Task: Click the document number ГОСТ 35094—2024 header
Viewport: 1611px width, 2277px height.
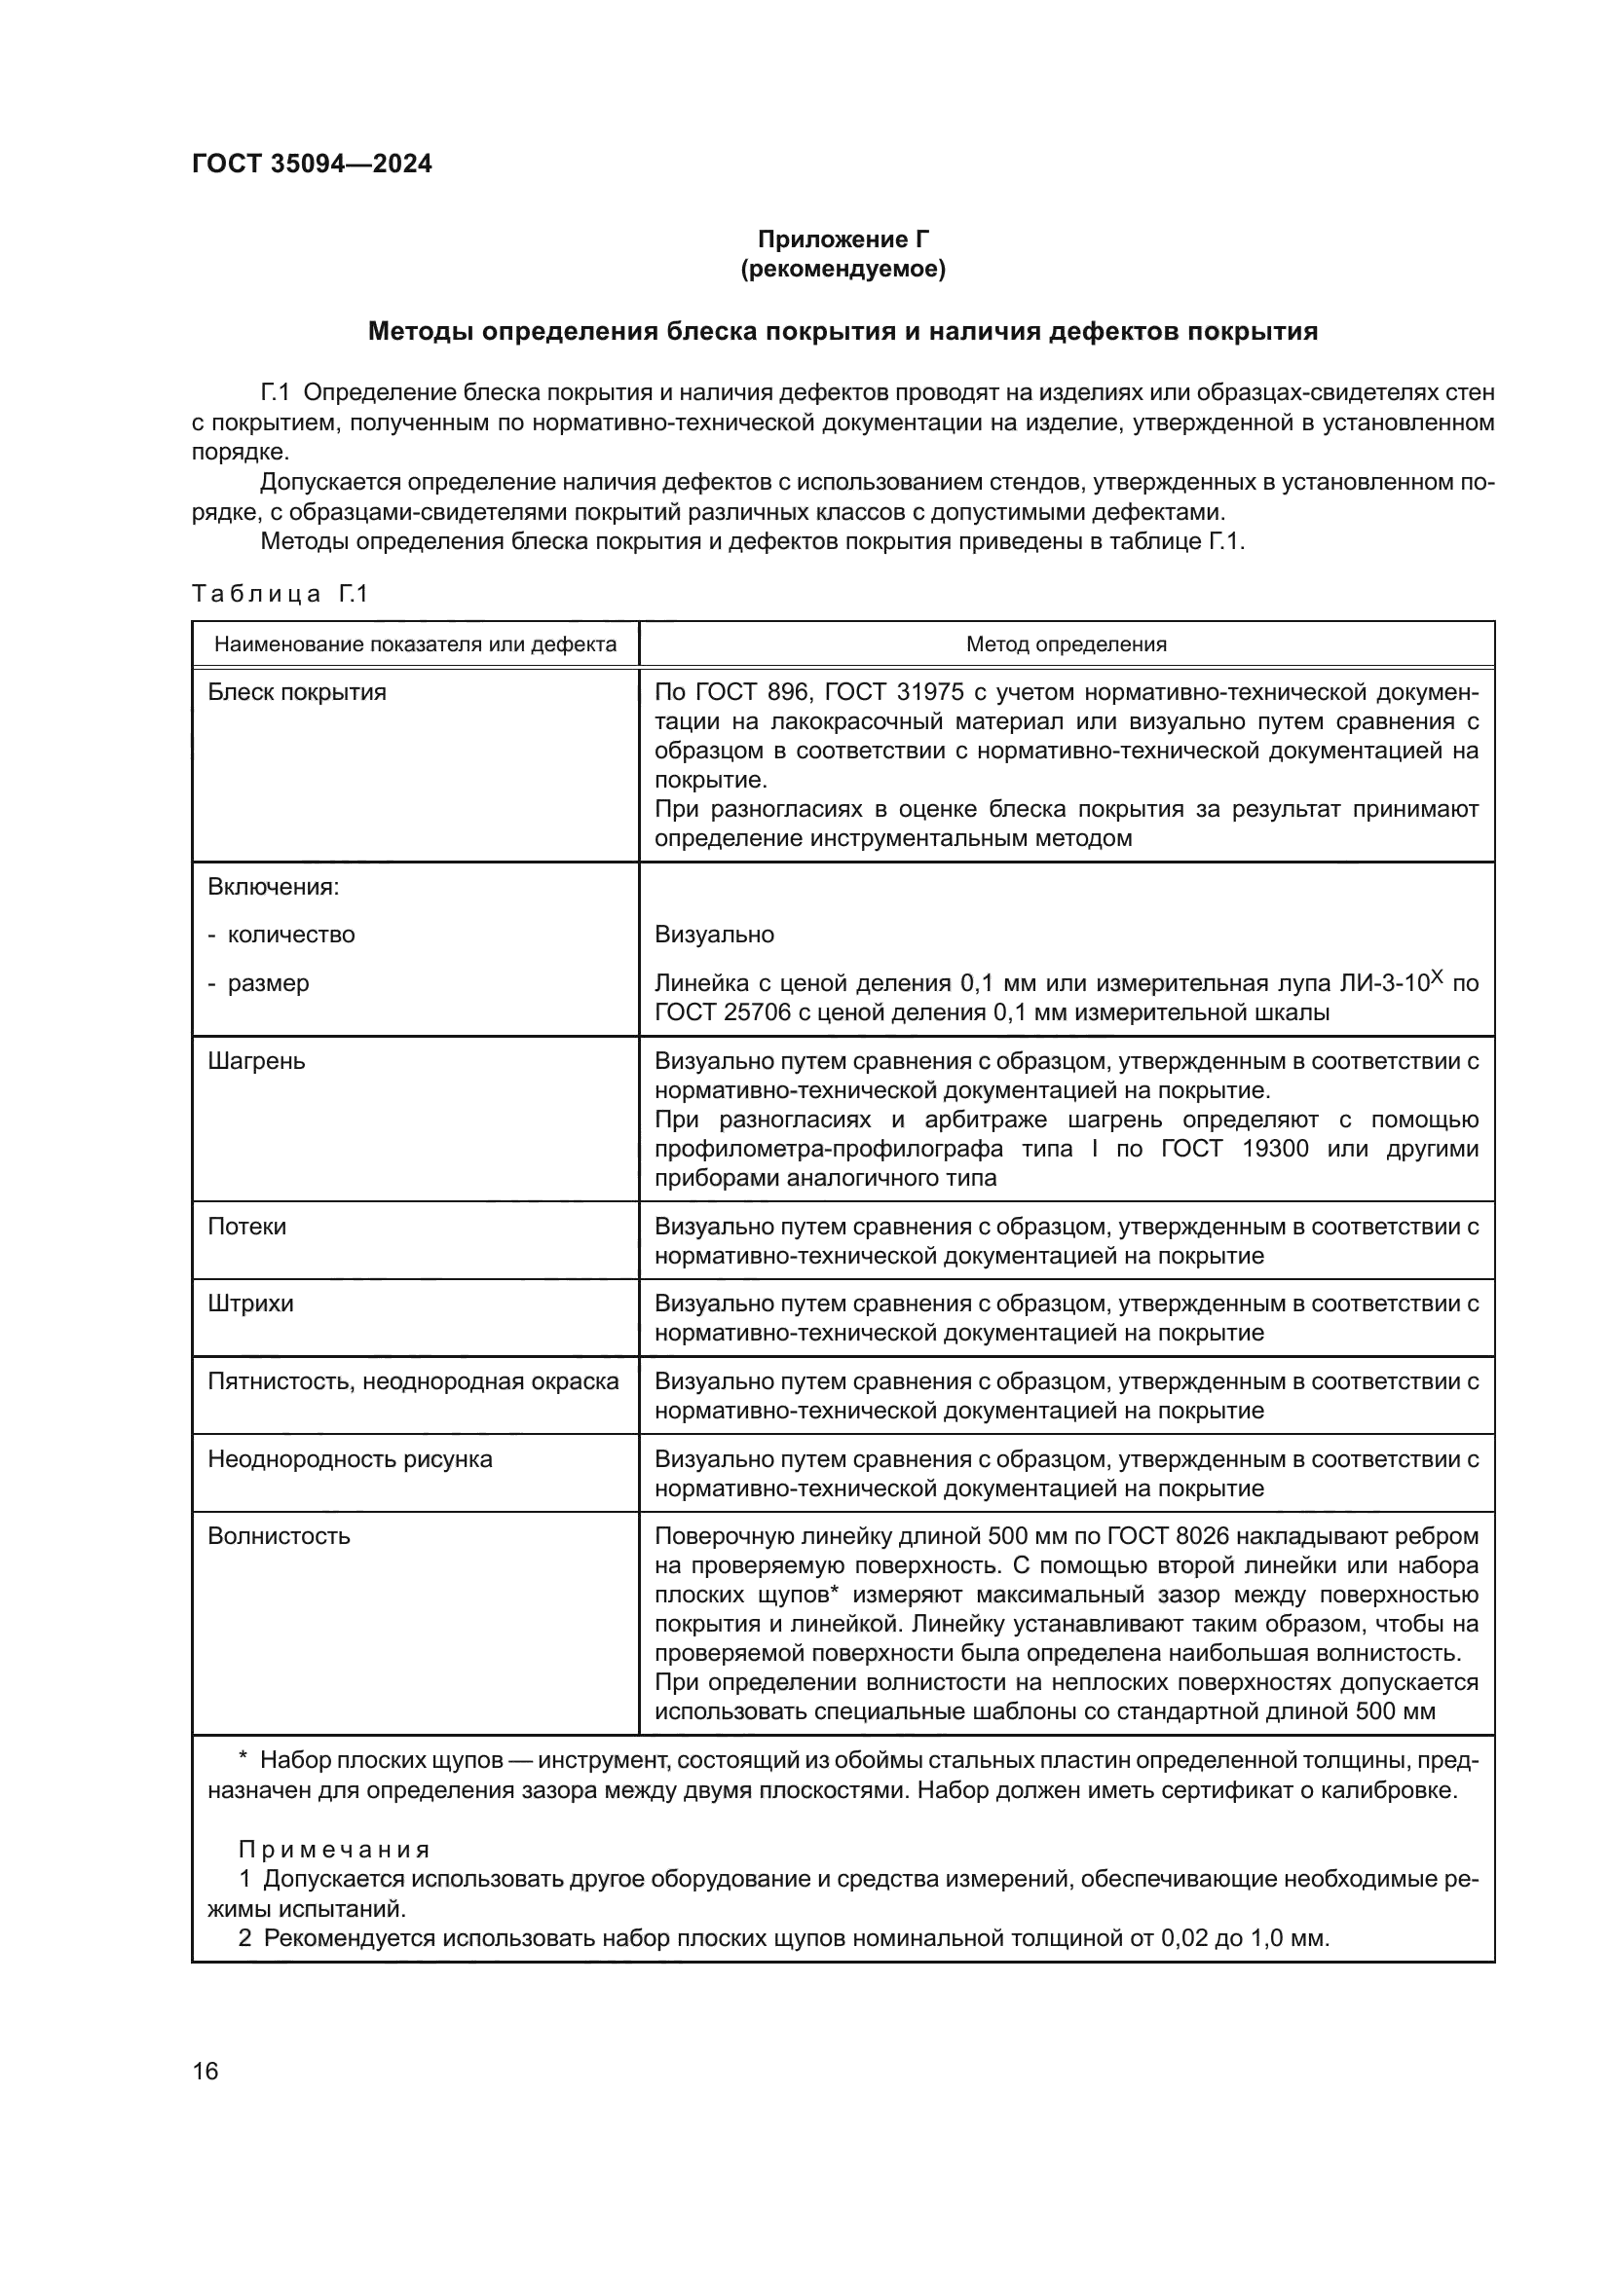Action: click(x=312, y=164)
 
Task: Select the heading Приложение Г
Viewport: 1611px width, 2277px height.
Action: click(x=843, y=239)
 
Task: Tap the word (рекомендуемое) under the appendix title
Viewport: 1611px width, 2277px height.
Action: click(x=843, y=269)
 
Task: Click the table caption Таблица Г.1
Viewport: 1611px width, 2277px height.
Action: click(x=280, y=594)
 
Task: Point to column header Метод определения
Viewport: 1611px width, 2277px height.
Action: click(x=1067, y=644)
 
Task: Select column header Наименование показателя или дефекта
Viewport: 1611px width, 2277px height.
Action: click(x=416, y=644)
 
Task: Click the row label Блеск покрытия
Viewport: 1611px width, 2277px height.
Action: click(x=297, y=692)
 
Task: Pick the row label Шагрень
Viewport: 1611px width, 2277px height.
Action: click(x=256, y=1061)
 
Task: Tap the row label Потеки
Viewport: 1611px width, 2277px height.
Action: click(x=247, y=1227)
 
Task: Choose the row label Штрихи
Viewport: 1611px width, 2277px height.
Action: click(x=250, y=1304)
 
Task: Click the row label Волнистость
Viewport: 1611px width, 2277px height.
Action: click(x=279, y=1536)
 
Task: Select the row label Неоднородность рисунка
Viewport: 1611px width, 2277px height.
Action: click(x=350, y=1459)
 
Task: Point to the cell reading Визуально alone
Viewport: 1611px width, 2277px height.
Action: click(x=714, y=935)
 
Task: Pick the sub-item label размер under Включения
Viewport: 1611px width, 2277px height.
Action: click(x=268, y=983)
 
